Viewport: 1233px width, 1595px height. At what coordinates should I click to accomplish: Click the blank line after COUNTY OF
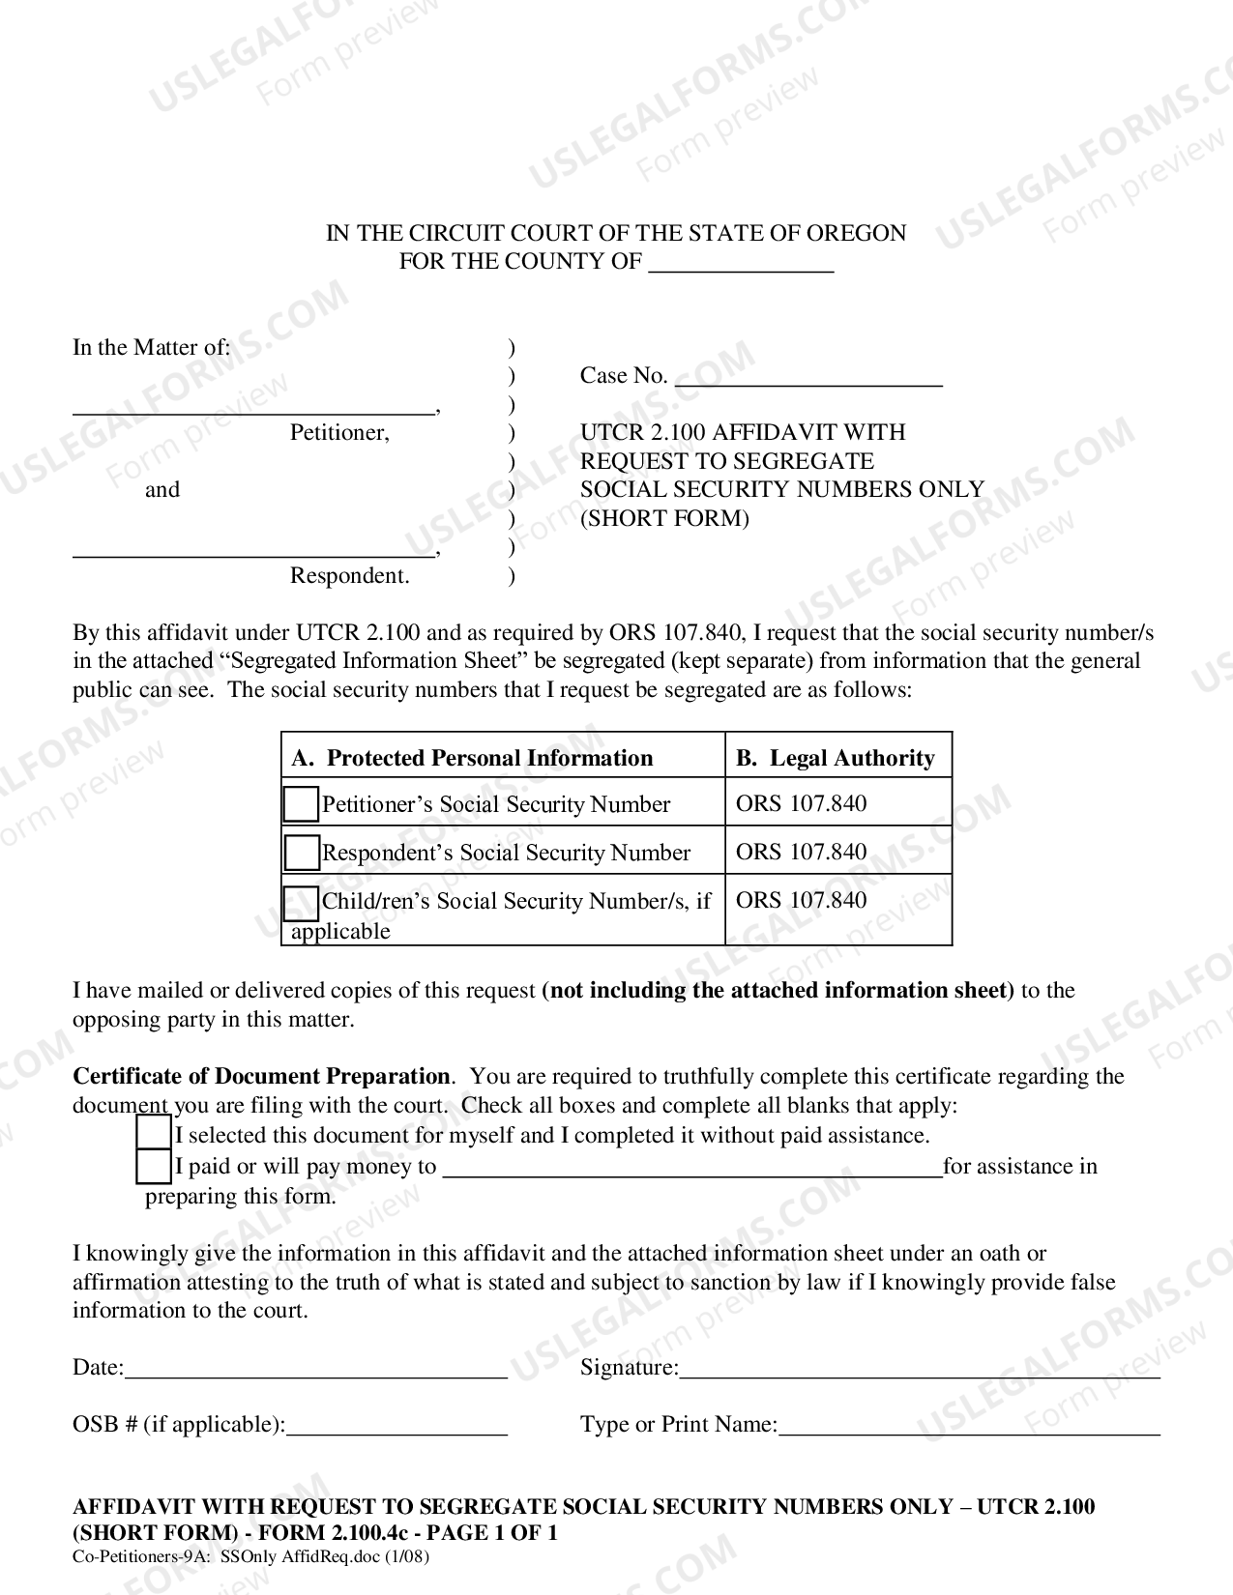pos(740,266)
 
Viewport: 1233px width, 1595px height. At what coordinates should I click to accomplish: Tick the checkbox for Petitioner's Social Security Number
pos(302,803)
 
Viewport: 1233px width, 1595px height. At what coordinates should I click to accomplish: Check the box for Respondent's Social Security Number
pos(302,852)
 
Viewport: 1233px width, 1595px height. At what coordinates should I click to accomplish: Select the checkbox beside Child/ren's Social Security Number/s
pos(302,902)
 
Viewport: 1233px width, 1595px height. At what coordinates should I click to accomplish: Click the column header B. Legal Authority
pos(837,758)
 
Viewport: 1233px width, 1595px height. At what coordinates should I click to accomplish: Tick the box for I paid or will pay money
pos(154,1166)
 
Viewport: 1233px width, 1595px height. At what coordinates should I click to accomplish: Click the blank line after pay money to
pos(691,1170)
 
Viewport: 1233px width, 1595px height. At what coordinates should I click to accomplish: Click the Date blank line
pos(315,1371)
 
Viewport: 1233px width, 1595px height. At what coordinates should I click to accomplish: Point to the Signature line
pos(919,1371)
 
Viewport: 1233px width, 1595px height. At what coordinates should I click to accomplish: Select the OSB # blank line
pos(396,1428)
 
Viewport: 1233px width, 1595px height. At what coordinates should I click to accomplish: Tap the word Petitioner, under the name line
pos(339,433)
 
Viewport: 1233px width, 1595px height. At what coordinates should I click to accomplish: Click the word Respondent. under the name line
pos(349,576)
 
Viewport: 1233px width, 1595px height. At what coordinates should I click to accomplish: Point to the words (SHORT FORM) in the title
pos(664,518)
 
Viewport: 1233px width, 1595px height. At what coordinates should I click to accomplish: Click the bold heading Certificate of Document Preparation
pos(261,1076)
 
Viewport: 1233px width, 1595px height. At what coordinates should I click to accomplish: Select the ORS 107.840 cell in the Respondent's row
pos(801,852)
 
